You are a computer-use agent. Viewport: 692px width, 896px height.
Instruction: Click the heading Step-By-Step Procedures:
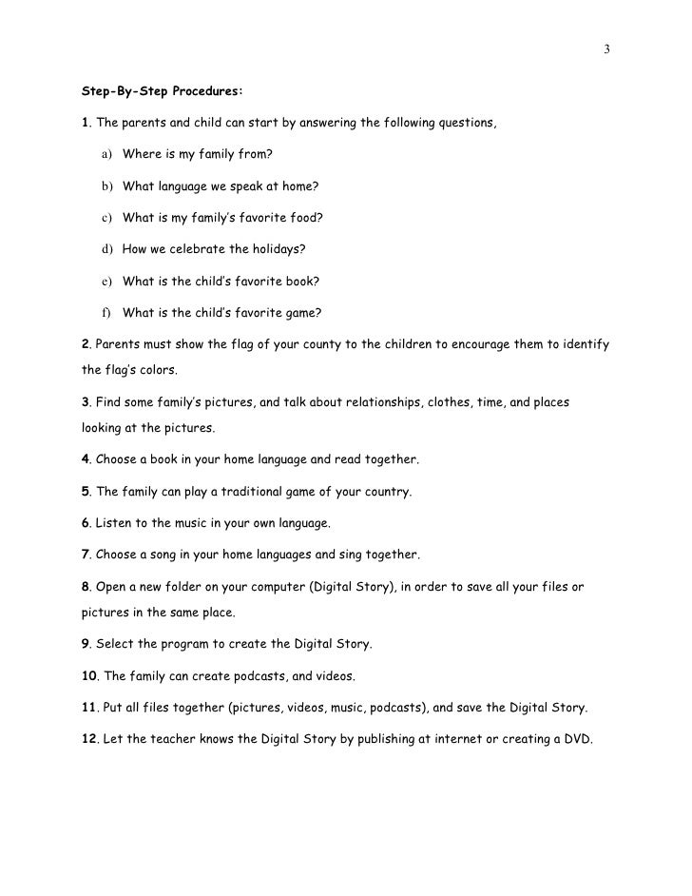(162, 92)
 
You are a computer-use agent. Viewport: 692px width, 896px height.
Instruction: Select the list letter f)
(104, 312)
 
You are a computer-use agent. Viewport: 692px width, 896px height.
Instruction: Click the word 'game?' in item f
(303, 312)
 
